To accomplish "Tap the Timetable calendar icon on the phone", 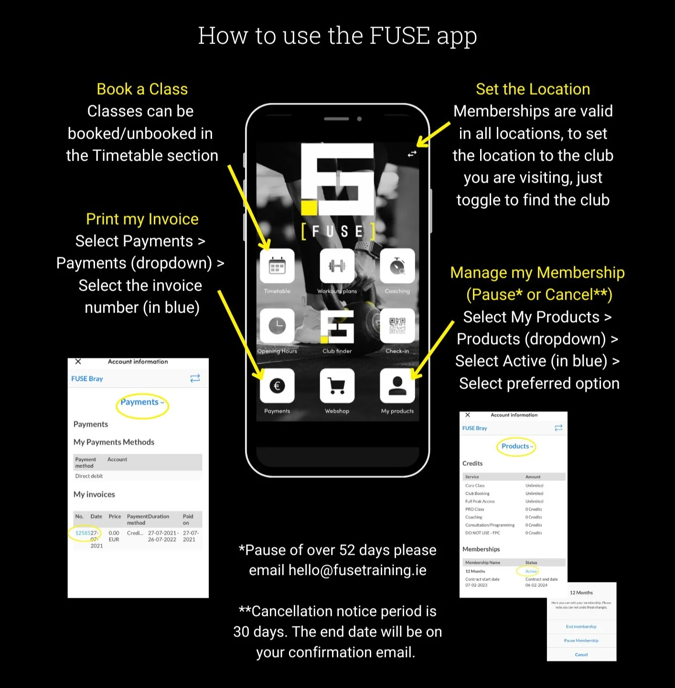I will click(x=277, y=266).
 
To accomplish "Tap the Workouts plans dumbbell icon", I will click(x=337, y=266).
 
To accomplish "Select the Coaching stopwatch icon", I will click(x=397, y=266).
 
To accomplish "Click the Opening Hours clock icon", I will click(x=277, y=326).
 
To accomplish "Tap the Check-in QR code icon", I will click(x=397, y=326).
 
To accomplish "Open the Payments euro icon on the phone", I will click(x=277, y=386).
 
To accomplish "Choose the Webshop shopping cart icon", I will click(x=337, y=386).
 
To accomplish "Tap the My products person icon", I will click(x=397, y=386).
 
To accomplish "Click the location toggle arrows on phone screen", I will click(x=412, y=154).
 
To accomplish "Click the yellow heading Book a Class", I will click(x=142, y=89).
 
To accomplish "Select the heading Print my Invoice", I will click(x=142, y=219).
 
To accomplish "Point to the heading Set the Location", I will click(x=533, y=89).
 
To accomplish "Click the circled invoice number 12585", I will click(x=83, y=533).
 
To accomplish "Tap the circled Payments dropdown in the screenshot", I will click(x=142, y=402).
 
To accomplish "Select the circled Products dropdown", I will click(x=517, y=446).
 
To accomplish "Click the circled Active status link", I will click(x=531, y=571).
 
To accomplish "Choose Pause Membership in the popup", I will click(x=581, y=641).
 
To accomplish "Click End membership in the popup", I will click(x=581, y=627).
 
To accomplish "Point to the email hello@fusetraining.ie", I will click(x=357, y=570).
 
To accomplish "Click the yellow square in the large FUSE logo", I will click(x=309, y=208).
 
